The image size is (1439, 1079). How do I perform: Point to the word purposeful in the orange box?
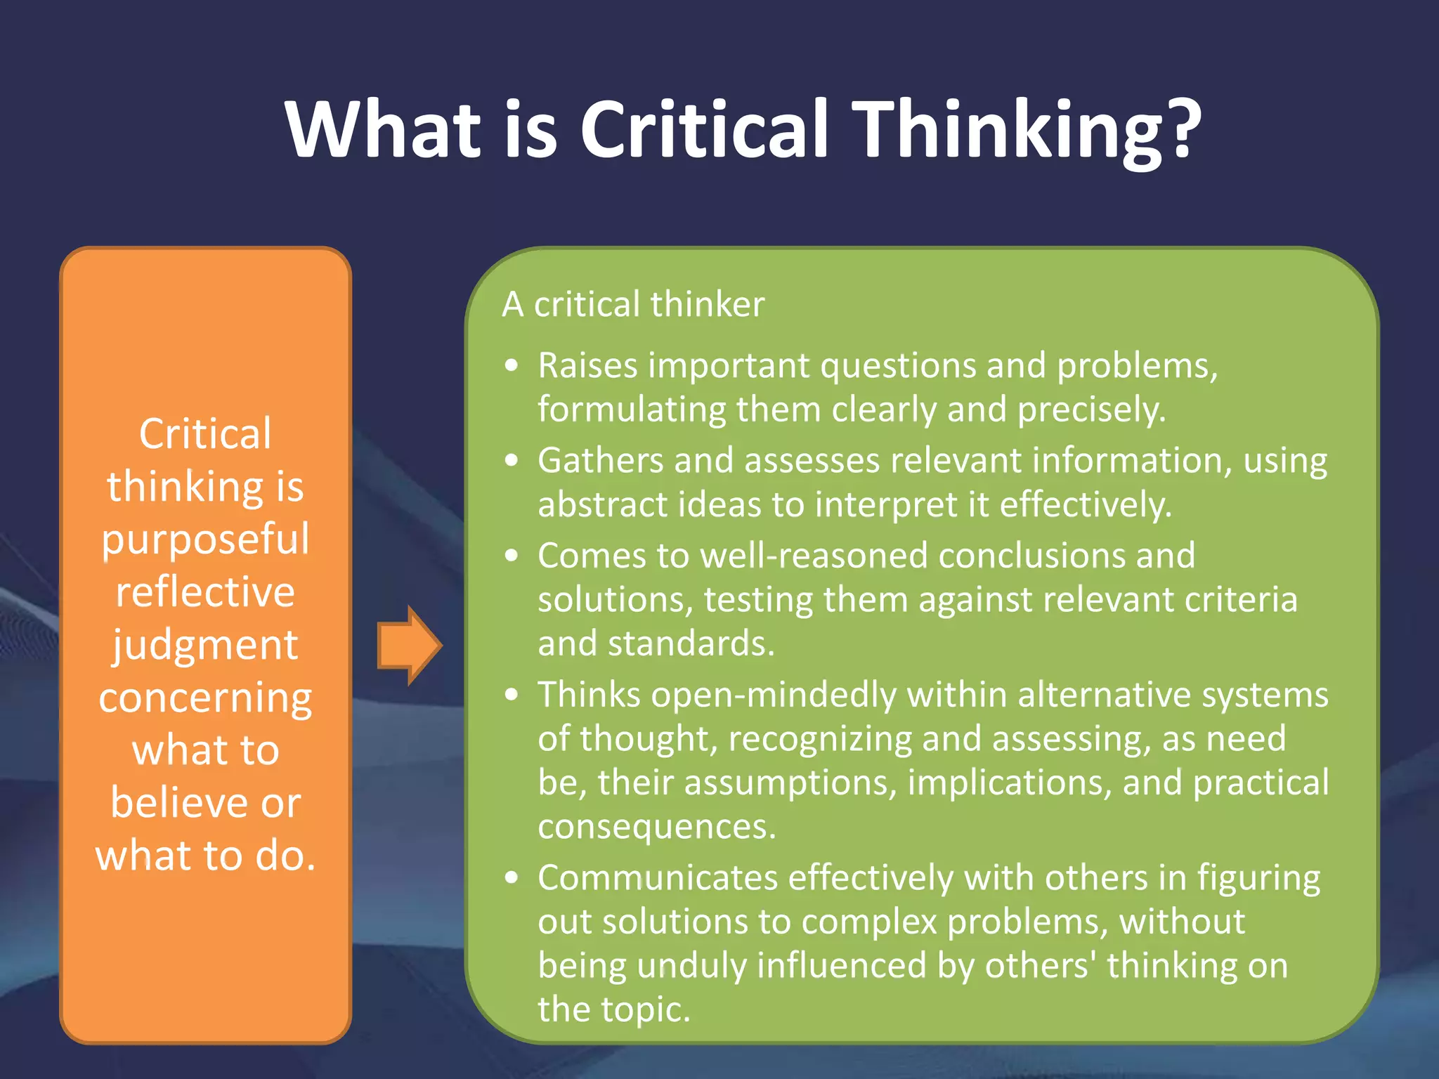click(205, 539)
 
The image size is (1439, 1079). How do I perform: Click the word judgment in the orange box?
click(205, 645)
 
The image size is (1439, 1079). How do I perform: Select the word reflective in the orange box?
click(205, 591)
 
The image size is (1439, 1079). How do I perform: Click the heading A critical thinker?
click(633, 304)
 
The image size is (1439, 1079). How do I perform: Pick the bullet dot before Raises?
click(512, 365)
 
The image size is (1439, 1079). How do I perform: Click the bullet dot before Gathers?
click(512, 461)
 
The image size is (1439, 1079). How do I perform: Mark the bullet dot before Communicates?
click(512, 878)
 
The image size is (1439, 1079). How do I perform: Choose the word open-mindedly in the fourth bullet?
click(773, 695)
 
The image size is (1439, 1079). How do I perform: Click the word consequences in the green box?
click(656, 826)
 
